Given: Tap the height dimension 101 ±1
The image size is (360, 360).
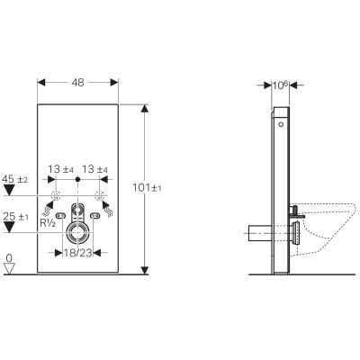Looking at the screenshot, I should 161,187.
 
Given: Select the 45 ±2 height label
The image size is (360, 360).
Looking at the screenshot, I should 15,180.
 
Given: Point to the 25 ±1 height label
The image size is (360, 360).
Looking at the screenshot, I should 15,216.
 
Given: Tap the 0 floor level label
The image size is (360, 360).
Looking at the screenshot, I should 9,258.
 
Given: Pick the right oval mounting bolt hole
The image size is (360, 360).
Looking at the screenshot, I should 96,217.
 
